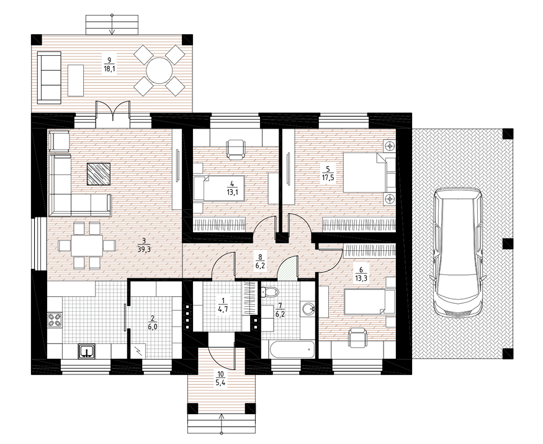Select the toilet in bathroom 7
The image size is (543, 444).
pyautogui.click(x=270, y=292)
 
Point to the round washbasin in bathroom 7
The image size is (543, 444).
pyautogui.click(x=307, y=309)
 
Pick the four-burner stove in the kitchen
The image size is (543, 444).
pyautogui.click(x=55, y=320)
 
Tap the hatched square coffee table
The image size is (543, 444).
pyautogui.click(x=98, y=174)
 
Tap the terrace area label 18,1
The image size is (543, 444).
pyautogui.click(x=109, y=69)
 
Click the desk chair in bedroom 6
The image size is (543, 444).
pyautogui.click(x=357, y=338)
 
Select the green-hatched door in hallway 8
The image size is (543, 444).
pyautogui.click(x=288, y=266)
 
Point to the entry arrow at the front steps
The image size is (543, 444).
pyautogui.click(x=222, y=423)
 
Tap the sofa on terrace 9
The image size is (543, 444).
pyautogui.click(x=49, y=77)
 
